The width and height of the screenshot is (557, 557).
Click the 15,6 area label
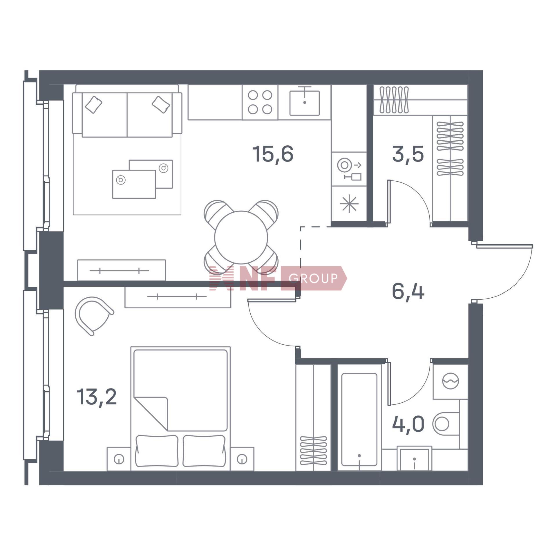[273, 154]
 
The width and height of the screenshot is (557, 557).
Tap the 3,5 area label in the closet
[408, 154]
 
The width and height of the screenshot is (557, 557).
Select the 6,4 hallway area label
[408, 292]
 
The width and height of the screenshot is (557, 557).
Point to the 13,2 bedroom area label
[97, 397]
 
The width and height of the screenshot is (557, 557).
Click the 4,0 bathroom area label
[408, 424]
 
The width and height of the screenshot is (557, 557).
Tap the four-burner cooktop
[260, 102]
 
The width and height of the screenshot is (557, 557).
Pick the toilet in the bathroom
[446, 424]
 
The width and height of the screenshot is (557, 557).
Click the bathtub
[359, 419]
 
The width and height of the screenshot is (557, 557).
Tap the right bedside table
[242, 459]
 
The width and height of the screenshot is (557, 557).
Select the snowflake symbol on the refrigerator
[349, 203]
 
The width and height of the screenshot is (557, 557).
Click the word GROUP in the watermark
[313, 278]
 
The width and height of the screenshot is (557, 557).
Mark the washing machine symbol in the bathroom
[450, 381]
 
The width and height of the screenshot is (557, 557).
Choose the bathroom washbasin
[415, 459]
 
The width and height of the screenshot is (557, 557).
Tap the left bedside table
[119, 459]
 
